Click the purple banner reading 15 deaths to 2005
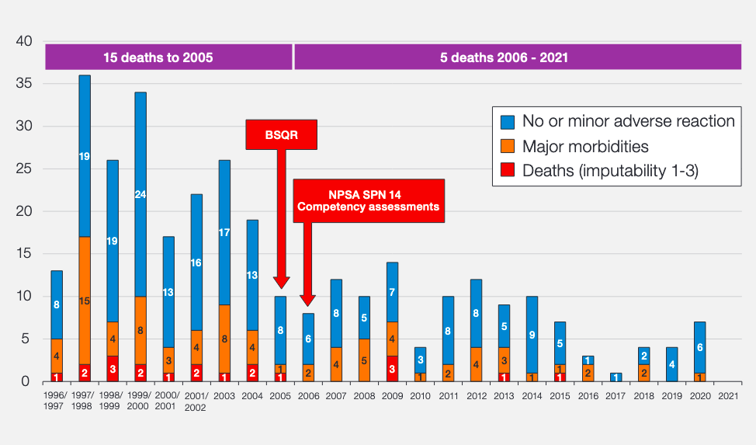168,57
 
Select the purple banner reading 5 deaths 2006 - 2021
517,57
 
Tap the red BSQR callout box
282,134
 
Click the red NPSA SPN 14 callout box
369,200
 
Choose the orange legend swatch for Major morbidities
508,146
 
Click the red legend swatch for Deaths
508,171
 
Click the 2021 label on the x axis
727,395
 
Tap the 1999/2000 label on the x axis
140,400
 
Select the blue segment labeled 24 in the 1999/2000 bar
140,194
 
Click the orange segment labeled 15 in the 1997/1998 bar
85,300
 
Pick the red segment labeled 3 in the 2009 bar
392,368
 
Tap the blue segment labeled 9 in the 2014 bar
532,334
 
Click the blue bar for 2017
616,377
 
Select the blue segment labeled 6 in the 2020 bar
699,347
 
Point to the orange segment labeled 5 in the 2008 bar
364,360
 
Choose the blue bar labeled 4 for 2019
671,364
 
